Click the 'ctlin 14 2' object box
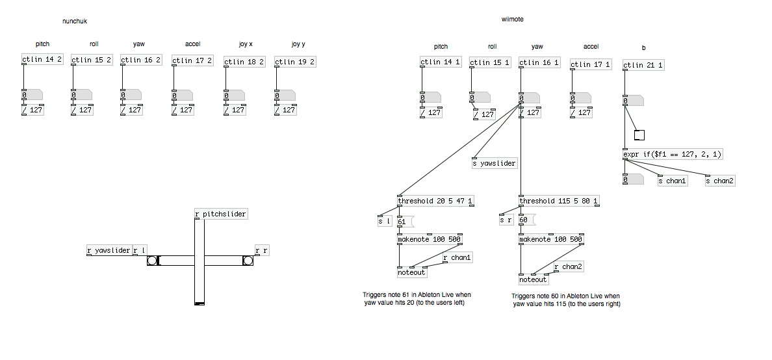(x=42, y=60)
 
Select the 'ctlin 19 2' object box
(x=294, y=62)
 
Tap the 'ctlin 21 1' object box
(x=643, y=65)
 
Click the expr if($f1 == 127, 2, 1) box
(x=673, y=155)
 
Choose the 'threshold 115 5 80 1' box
(x=559, y=201)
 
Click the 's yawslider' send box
(x=495, y=163)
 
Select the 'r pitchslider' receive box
(x=221, y=214)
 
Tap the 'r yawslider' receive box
(x=109, y=251)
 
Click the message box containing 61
(x=403, y=222)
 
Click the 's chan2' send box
(x=721, y=181)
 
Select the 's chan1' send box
(x=672, y=181)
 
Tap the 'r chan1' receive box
(x=457, y=258)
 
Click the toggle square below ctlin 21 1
(x=639, y=135)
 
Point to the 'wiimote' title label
(x=512, y=19)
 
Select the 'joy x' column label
(x=245, y=44)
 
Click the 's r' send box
(x=506, y=220)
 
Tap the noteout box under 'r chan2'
(x=534, y=279)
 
